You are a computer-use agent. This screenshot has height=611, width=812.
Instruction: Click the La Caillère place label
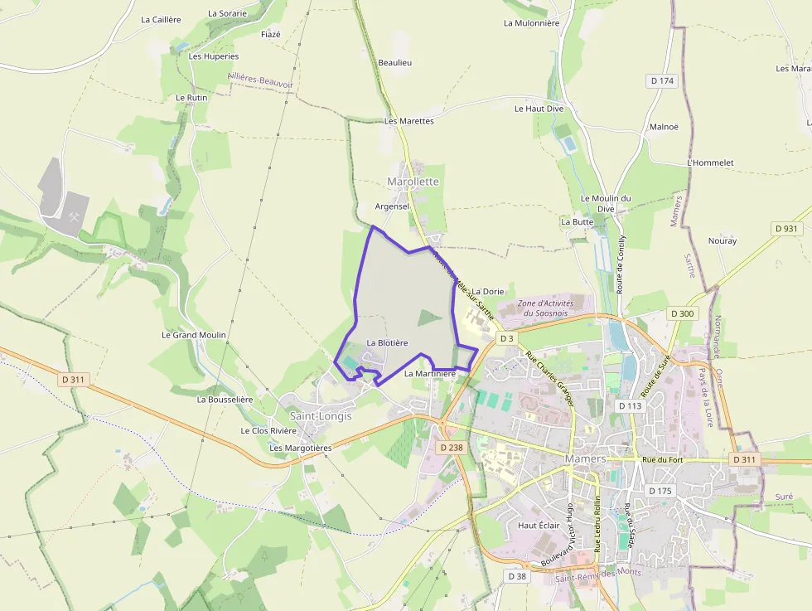pos(161,19)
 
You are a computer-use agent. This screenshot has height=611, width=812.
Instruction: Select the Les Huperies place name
pos(214,56)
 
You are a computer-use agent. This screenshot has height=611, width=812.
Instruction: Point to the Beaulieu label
pos(394,62)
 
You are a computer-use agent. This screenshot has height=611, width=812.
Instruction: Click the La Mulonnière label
pos(531,23)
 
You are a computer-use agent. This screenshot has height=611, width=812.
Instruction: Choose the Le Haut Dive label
pos(539,109)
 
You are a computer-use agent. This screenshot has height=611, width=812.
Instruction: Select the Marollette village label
pos(413,182)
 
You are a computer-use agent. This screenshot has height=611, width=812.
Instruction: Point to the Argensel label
pos(393,206)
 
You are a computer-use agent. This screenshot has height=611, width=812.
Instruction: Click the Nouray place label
pos(722,240)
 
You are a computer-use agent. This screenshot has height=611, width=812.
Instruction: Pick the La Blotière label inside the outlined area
pos(387,342)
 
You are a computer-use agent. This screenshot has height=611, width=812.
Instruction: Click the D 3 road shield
pos(506,339)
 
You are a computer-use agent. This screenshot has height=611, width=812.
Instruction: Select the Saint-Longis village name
pos(320,416)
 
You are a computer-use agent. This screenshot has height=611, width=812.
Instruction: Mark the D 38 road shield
pos(517,575)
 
